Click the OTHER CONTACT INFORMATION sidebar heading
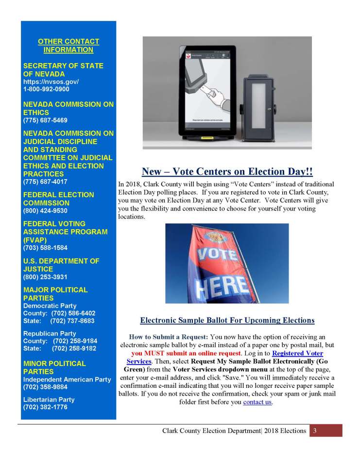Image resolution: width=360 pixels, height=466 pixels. coord(68,46)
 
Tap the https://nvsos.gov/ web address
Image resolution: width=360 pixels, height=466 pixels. coord(51,82)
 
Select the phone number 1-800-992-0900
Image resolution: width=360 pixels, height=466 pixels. coord(46,89)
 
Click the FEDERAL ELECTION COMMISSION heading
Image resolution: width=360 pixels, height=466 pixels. coord(59,199)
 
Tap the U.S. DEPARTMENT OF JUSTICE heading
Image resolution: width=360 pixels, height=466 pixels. coord(61,265)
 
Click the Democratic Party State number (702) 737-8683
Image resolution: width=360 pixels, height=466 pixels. coord(72,321)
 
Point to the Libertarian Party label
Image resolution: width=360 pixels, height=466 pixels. coord(49,399)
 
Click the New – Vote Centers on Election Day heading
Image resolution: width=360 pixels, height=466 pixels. coord(227,172)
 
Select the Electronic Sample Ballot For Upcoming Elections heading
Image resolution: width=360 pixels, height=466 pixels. coord(227,320)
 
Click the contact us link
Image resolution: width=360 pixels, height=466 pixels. coord(257,402)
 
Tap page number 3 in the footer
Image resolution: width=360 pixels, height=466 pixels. coord(315,431)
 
